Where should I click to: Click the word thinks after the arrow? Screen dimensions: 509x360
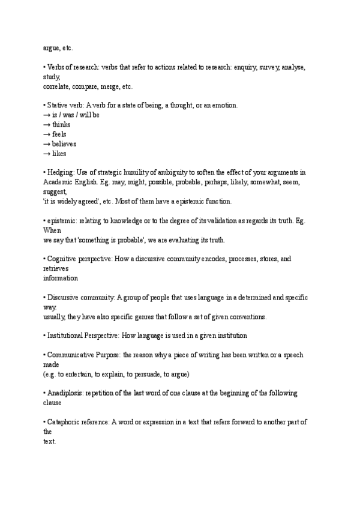pyautogui.click(x=61, y=125)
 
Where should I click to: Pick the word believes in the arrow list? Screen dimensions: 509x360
pyautogui.click(x=64, y=144)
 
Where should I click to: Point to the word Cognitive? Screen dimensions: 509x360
pyautogui.click(x=62, y=259)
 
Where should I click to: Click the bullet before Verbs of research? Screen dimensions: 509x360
pyautogui.click(x=44, y=68)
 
